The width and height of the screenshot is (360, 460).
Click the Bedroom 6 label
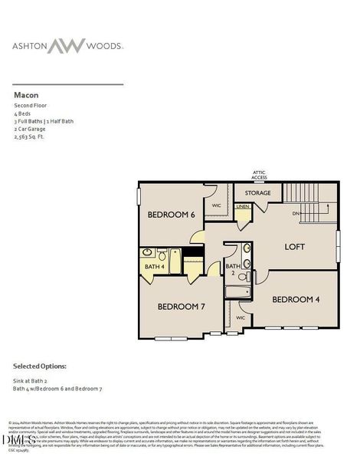point(170,215)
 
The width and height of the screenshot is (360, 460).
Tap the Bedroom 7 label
point(182,306)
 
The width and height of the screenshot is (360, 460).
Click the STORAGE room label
point(257,193)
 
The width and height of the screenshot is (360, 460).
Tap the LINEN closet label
point(243,207)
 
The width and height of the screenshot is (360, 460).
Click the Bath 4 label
point(155,267)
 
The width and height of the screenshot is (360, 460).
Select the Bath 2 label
point(232,268)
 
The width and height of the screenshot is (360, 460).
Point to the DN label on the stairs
point(296,214)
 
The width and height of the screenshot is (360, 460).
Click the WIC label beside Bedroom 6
point(217,205)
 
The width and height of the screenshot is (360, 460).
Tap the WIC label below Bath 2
point(240,317)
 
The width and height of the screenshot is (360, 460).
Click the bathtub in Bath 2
point(239,292)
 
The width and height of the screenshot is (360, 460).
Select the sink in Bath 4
point(146,255)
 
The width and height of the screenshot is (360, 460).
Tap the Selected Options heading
point(39,367)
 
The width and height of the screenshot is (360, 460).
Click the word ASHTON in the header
point(31,46)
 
